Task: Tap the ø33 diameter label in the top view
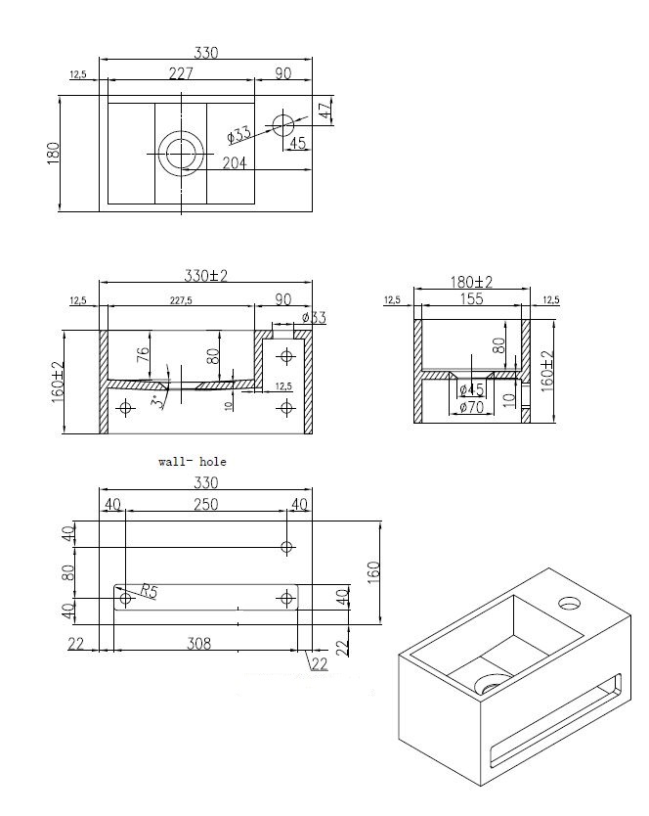pos(238,133)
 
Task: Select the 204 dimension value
pos(235,163)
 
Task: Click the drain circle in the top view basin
pos(181,153)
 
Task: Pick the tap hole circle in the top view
pos(283,124)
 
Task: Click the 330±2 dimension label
pos(205,277)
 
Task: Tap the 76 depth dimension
pos(143,354)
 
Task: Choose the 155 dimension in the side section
pos(472,300)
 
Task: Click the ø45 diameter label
pos(471,391)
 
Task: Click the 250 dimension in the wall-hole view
pos(204,504)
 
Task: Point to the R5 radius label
pos(148,590)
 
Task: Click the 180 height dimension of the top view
pos(54,153)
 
